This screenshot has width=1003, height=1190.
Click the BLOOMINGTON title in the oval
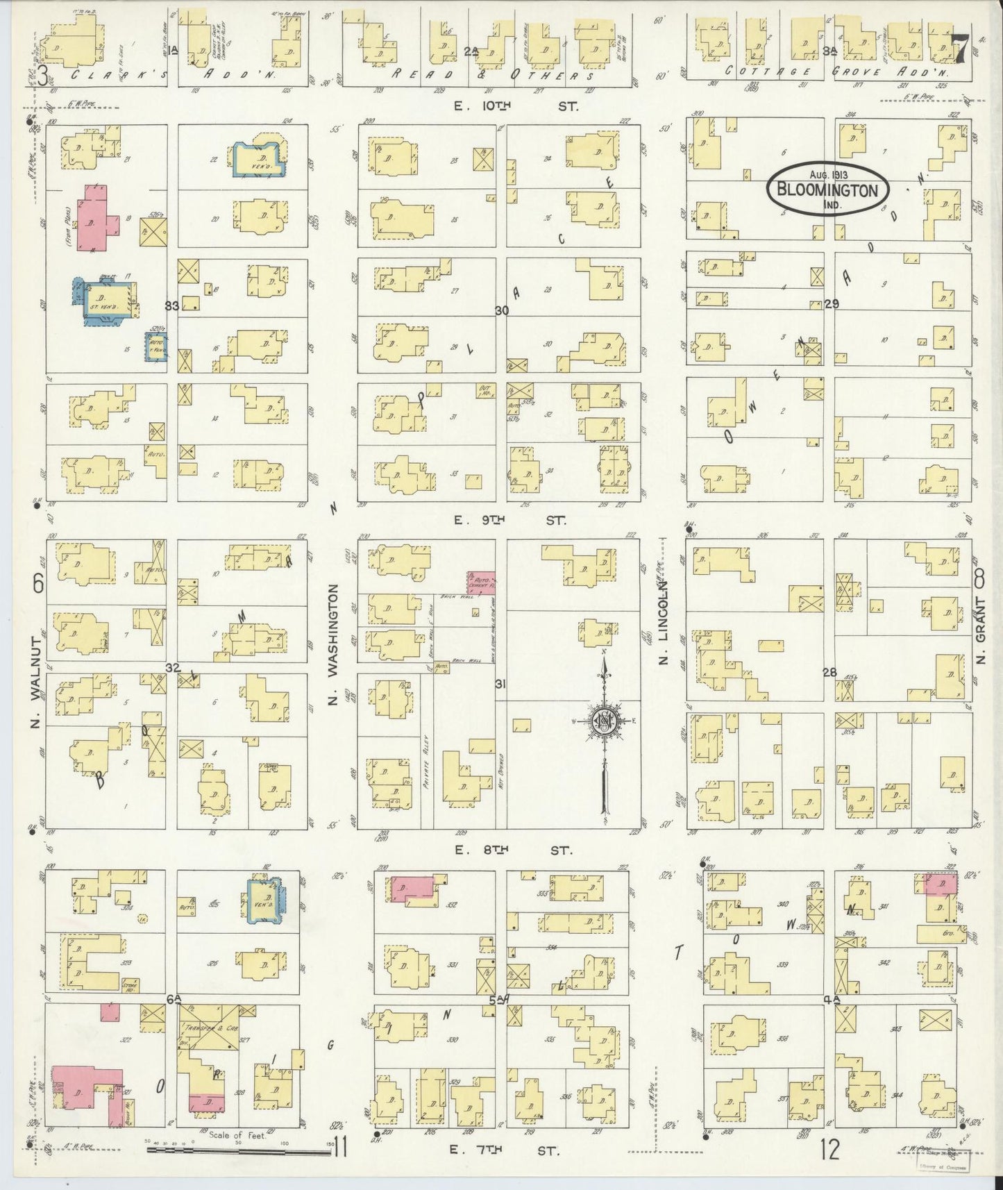click(x=827, y=189)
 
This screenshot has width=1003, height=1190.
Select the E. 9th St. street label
click(x=510, y=519)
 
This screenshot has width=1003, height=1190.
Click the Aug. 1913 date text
click(x=827, y=175)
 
